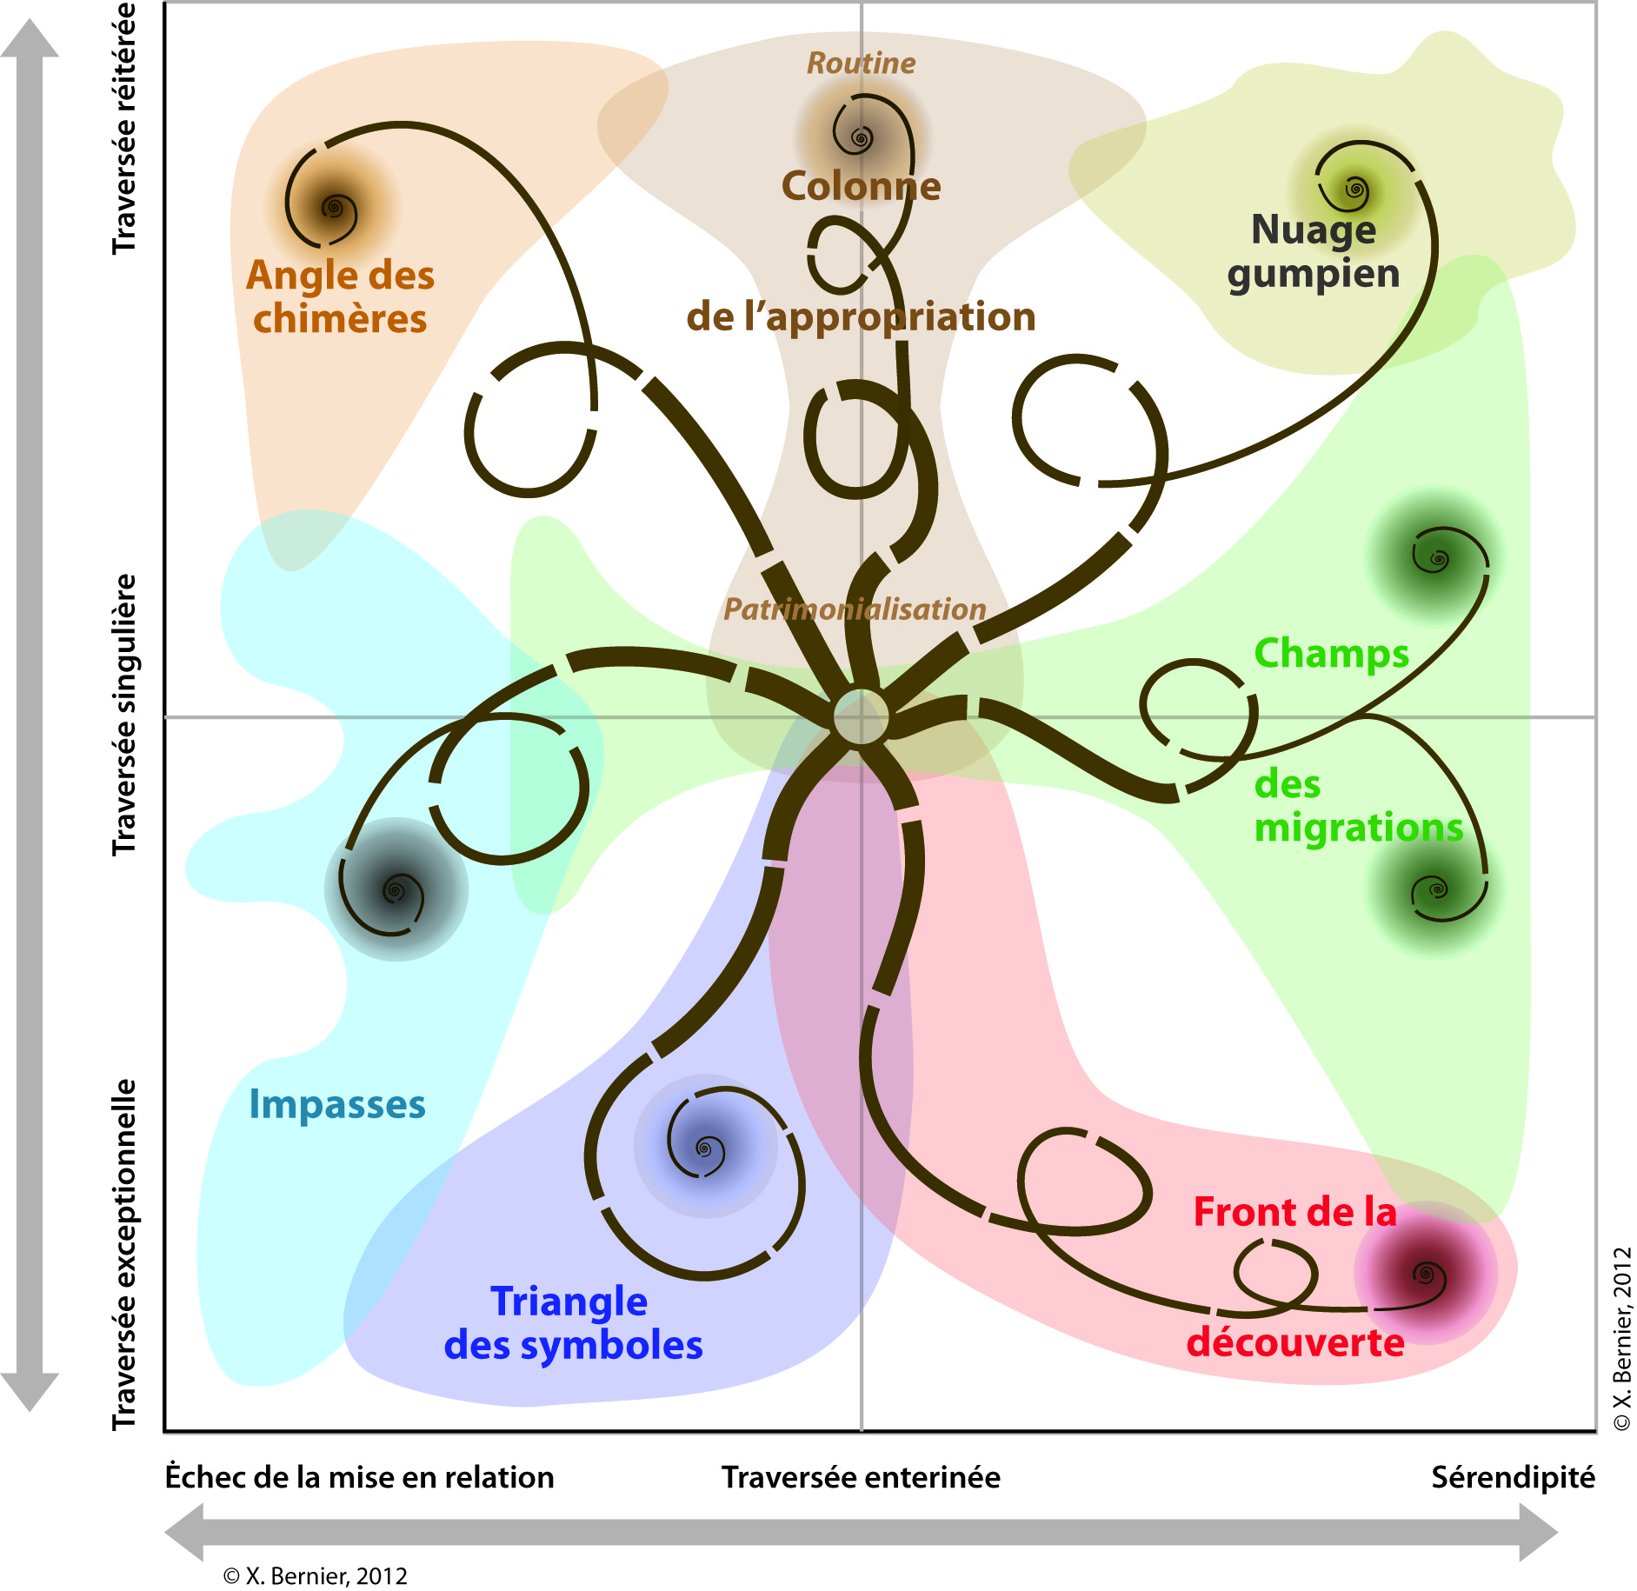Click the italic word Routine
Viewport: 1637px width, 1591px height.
861,63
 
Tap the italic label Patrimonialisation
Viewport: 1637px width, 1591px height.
855,609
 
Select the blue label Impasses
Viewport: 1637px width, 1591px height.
337,1105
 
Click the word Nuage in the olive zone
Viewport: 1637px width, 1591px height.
1314,230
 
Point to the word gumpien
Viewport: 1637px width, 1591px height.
1314,275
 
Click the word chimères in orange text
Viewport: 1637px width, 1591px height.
340,319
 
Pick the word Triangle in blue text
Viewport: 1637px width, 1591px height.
569,1302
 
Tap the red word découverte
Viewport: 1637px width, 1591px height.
1295,1343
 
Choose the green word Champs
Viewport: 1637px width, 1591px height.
1331,654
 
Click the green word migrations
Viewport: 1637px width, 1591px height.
1359,828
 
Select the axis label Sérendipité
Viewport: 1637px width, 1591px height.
1513,1477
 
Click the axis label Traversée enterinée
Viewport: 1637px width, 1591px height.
861,1477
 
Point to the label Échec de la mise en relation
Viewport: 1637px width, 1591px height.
360,1477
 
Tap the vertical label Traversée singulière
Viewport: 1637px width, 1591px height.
125,715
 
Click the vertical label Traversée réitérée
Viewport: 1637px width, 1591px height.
125,129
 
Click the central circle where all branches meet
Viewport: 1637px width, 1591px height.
861,718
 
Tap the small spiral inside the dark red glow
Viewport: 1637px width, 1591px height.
1425,1275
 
